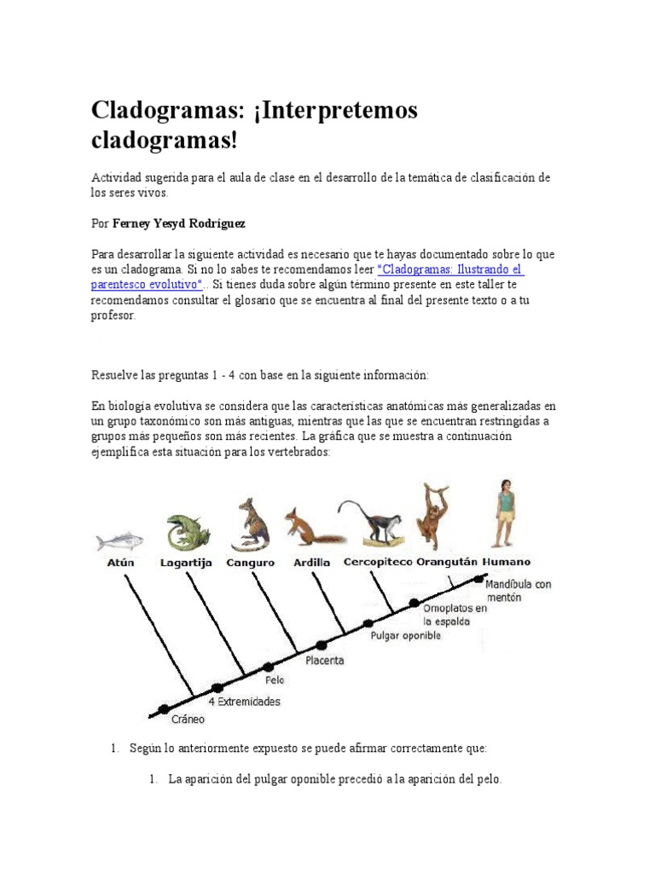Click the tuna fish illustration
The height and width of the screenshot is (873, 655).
(x=120, y=541)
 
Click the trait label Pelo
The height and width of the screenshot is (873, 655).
(x=275, y=680)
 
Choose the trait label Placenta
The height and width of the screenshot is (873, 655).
(x=325, y=661)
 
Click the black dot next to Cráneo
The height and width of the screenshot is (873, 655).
(x=163, y=708)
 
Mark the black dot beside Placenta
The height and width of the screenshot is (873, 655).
(x=322, y=645)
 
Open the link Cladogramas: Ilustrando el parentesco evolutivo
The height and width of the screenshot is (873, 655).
(x=449, y=269)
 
